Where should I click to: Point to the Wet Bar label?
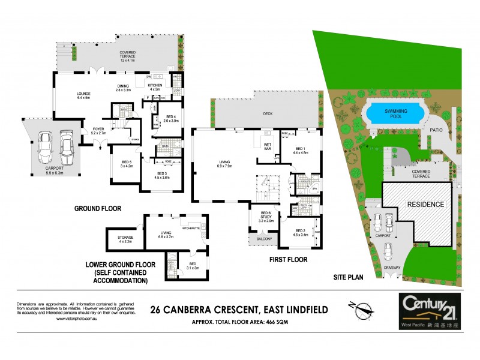(268, 146)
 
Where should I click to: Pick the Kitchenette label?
(191, 229)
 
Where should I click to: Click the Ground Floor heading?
(98, 209)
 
